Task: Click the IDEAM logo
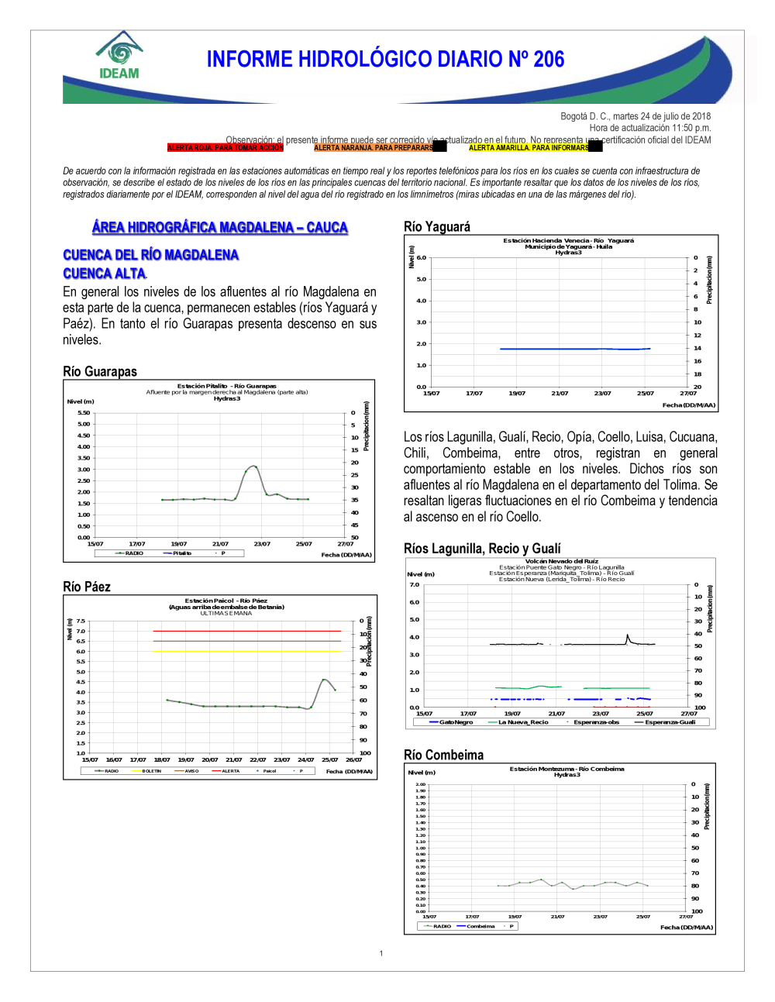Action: pos(119,56)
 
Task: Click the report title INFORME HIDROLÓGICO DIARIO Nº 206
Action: pos(385,60)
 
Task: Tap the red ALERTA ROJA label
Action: pos(225,147)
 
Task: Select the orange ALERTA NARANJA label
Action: pos(374,147)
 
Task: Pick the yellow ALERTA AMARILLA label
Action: pos(529,147)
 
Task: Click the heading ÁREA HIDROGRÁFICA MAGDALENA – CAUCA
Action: pos(220,227)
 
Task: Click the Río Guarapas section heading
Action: pos(100,371)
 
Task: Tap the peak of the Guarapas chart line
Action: pos(253,466)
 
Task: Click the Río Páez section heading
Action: pos(87,587)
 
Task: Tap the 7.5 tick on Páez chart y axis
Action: pos(81,621)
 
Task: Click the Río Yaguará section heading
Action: pos(437,226)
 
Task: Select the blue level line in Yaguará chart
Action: pos(573,349)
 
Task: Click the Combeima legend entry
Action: pos(480,926)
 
